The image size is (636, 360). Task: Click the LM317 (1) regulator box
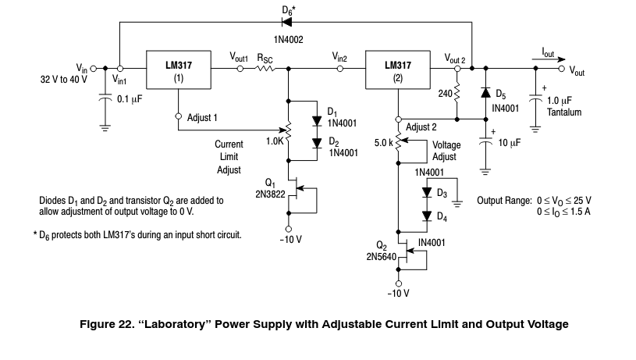(179, 71)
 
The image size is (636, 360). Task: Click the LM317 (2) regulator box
(397, 71)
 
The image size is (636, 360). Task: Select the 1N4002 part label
(288, 37)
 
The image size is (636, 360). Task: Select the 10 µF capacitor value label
(510, 144)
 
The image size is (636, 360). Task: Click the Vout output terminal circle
(562, 69)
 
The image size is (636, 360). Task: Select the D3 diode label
(441, 192)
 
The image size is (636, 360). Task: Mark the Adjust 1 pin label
(202, 117)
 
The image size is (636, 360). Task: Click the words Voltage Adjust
(446, 151)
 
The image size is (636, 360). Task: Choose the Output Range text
(503, 200)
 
